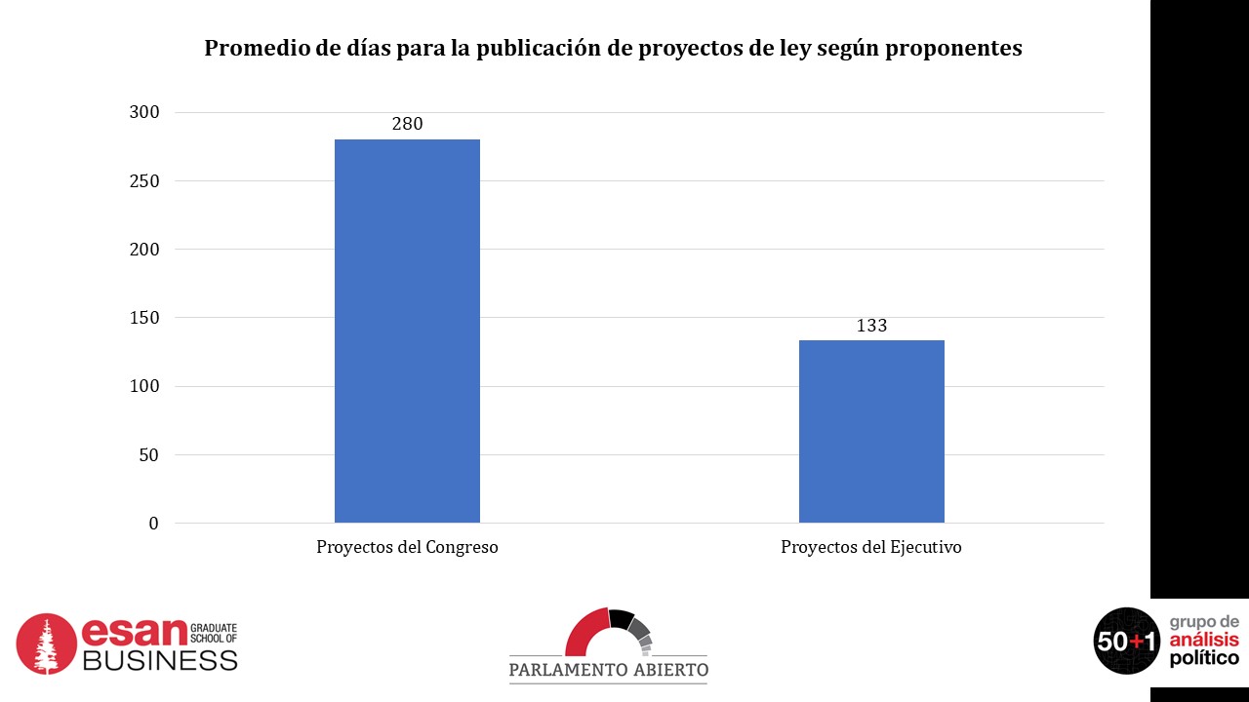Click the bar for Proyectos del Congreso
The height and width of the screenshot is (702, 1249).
(x=407, y=331)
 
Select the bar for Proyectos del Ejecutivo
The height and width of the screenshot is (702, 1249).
(x=871, y=431)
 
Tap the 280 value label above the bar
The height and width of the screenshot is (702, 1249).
(x=407, y=124)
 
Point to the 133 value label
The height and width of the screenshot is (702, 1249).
(x=871, y=326)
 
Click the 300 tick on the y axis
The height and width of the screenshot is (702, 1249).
(x=144, y=112)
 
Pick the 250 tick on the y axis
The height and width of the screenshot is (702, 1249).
(x=144, y=181)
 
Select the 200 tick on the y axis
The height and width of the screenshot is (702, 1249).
(x=144, y=250)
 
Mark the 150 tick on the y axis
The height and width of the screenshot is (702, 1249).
(x=144, y=318)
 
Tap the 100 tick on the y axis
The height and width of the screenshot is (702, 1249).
(x=144, y=386)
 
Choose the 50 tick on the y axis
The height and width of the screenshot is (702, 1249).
(x=148, y=455)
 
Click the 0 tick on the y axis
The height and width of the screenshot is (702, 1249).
(x=153, y=524)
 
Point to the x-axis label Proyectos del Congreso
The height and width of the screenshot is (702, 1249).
(x=407, y=547)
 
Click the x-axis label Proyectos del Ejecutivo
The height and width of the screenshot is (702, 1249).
(x=871, y=547)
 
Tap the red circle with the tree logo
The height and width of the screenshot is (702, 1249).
(x=46, y=643)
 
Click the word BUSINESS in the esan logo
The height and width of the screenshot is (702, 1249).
(x=160, y=660)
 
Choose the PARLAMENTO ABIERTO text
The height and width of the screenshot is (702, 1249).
(x=608, y=670)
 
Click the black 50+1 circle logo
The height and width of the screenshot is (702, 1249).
(x=1127, y=641)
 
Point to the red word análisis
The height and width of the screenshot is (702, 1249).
(x=1204, y=640)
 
